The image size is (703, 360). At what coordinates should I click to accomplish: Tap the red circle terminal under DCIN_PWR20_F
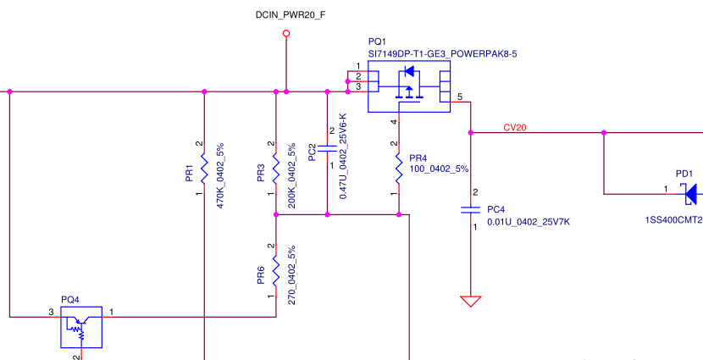pyautogui.click(x=286, y=34)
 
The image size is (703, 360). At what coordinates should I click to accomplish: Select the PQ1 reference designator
pyautogui.click(x=377, y=42)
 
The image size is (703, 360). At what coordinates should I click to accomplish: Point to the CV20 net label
pyautogui.click(x=515, y=128)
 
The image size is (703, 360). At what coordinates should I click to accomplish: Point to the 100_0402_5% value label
pyautogui.click(x=438, y=169)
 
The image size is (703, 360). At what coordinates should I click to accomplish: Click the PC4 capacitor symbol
pyautogui.click(x=470, y=208)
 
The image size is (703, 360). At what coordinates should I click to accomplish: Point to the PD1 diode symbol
pyautogui.click(x=691, y=194)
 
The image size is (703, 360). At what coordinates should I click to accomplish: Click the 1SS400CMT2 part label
pyautogui.click(x=674, y=219)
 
